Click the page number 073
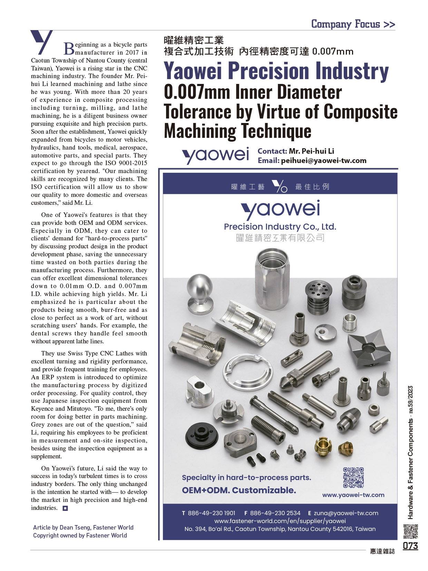[x=410, y=545]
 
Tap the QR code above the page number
[x=410, y=531]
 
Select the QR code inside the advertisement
[x=353, y=477]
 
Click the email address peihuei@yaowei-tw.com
[x=323, y=161]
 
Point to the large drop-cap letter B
[x=69, y=49]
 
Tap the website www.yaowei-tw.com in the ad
[x=353, y=495]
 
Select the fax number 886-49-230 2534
[x=275, y=513]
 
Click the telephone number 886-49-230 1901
[x=211, y=513]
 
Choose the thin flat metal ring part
[x=245, y=372]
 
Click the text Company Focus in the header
[x=346, y=24]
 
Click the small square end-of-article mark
[x=65, y=508]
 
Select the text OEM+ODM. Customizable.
[x=239, y=490]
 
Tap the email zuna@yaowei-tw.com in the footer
[x=346, y=513]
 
